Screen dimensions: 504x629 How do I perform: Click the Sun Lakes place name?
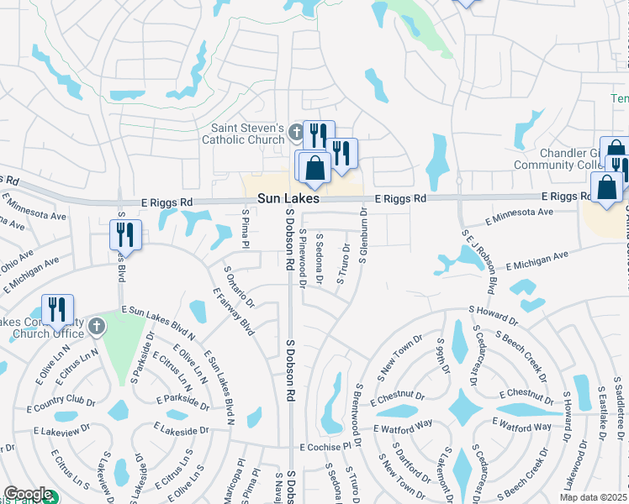coord(288,200)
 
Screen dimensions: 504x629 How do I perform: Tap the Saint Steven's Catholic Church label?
coord(243,134)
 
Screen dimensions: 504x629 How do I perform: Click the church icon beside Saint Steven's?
coord(295,132)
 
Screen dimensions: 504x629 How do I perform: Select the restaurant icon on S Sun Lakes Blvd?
coord(125,234)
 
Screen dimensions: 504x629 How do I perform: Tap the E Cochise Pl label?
coord(324,447)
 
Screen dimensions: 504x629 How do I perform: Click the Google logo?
coord(28,494)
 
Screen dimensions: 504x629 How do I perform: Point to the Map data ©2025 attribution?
coord(594,496)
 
